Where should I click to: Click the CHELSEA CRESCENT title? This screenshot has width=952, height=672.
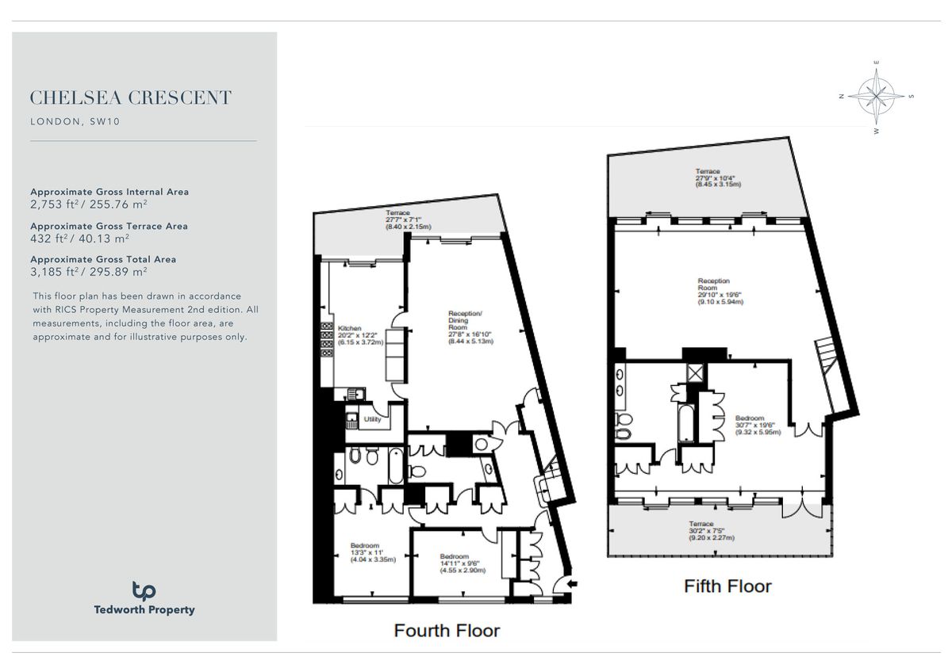(131, 98)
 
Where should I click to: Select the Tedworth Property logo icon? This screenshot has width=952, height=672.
(144, 590)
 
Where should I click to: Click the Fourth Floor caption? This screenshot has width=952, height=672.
(447, 631)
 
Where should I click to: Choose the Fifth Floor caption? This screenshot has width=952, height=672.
(727, 586)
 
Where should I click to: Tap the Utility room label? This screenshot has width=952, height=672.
(372, 419)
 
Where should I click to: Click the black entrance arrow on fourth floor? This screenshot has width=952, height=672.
(574, 584)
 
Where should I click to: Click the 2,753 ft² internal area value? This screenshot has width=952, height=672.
(79, 204)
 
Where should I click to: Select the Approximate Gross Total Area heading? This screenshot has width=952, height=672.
(103, 259)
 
